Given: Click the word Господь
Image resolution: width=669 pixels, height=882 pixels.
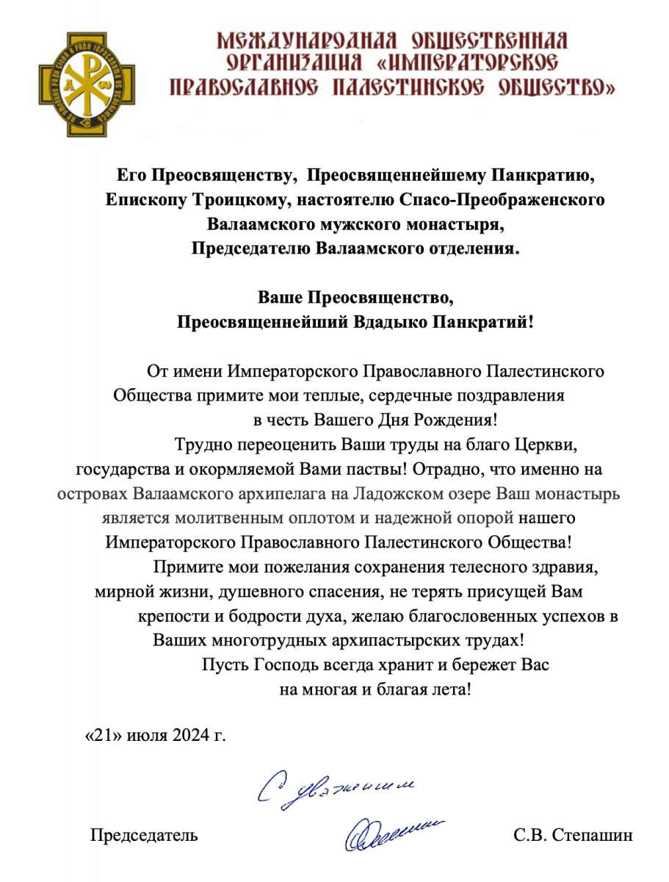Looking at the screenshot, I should pos(287,664).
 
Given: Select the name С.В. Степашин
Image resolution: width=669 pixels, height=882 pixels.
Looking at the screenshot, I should pos(574,836).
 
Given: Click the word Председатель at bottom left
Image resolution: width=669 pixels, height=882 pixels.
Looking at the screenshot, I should pos(144,836).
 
